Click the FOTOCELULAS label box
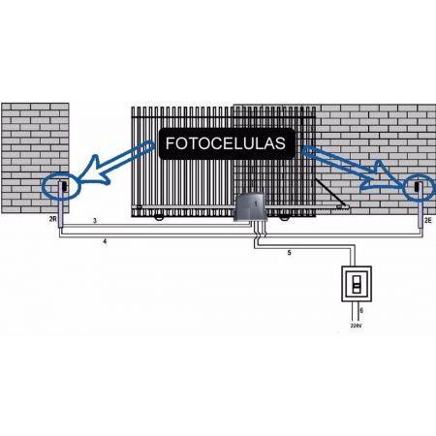pos(227,143)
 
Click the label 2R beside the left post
pos(53,219)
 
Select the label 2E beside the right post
pos(427,221)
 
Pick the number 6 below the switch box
pos(361,310)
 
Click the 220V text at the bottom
pos(356,326)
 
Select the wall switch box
pos(357,284)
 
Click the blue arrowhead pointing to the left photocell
pos(94,171)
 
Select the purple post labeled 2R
pos(61,204)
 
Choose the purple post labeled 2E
pos(420,205)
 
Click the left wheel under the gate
pos(159,218)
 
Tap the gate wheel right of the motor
pos(284,218)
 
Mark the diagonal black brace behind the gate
pos(330,193)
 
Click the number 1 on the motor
pos(256,203)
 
